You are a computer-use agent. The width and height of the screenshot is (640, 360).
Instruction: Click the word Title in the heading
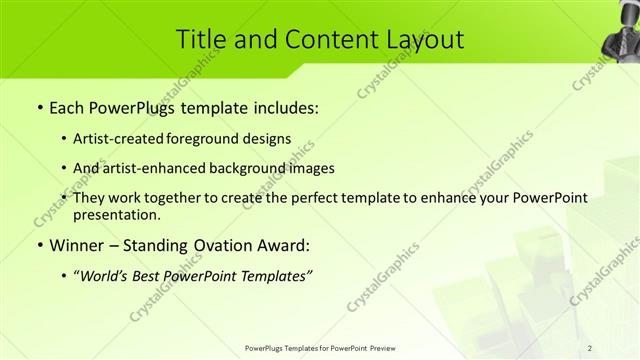tap(199, 40)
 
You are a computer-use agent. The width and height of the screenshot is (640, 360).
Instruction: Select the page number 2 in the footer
tap(590, 347)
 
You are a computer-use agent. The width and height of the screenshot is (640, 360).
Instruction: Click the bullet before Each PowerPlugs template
tap(38, 108)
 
